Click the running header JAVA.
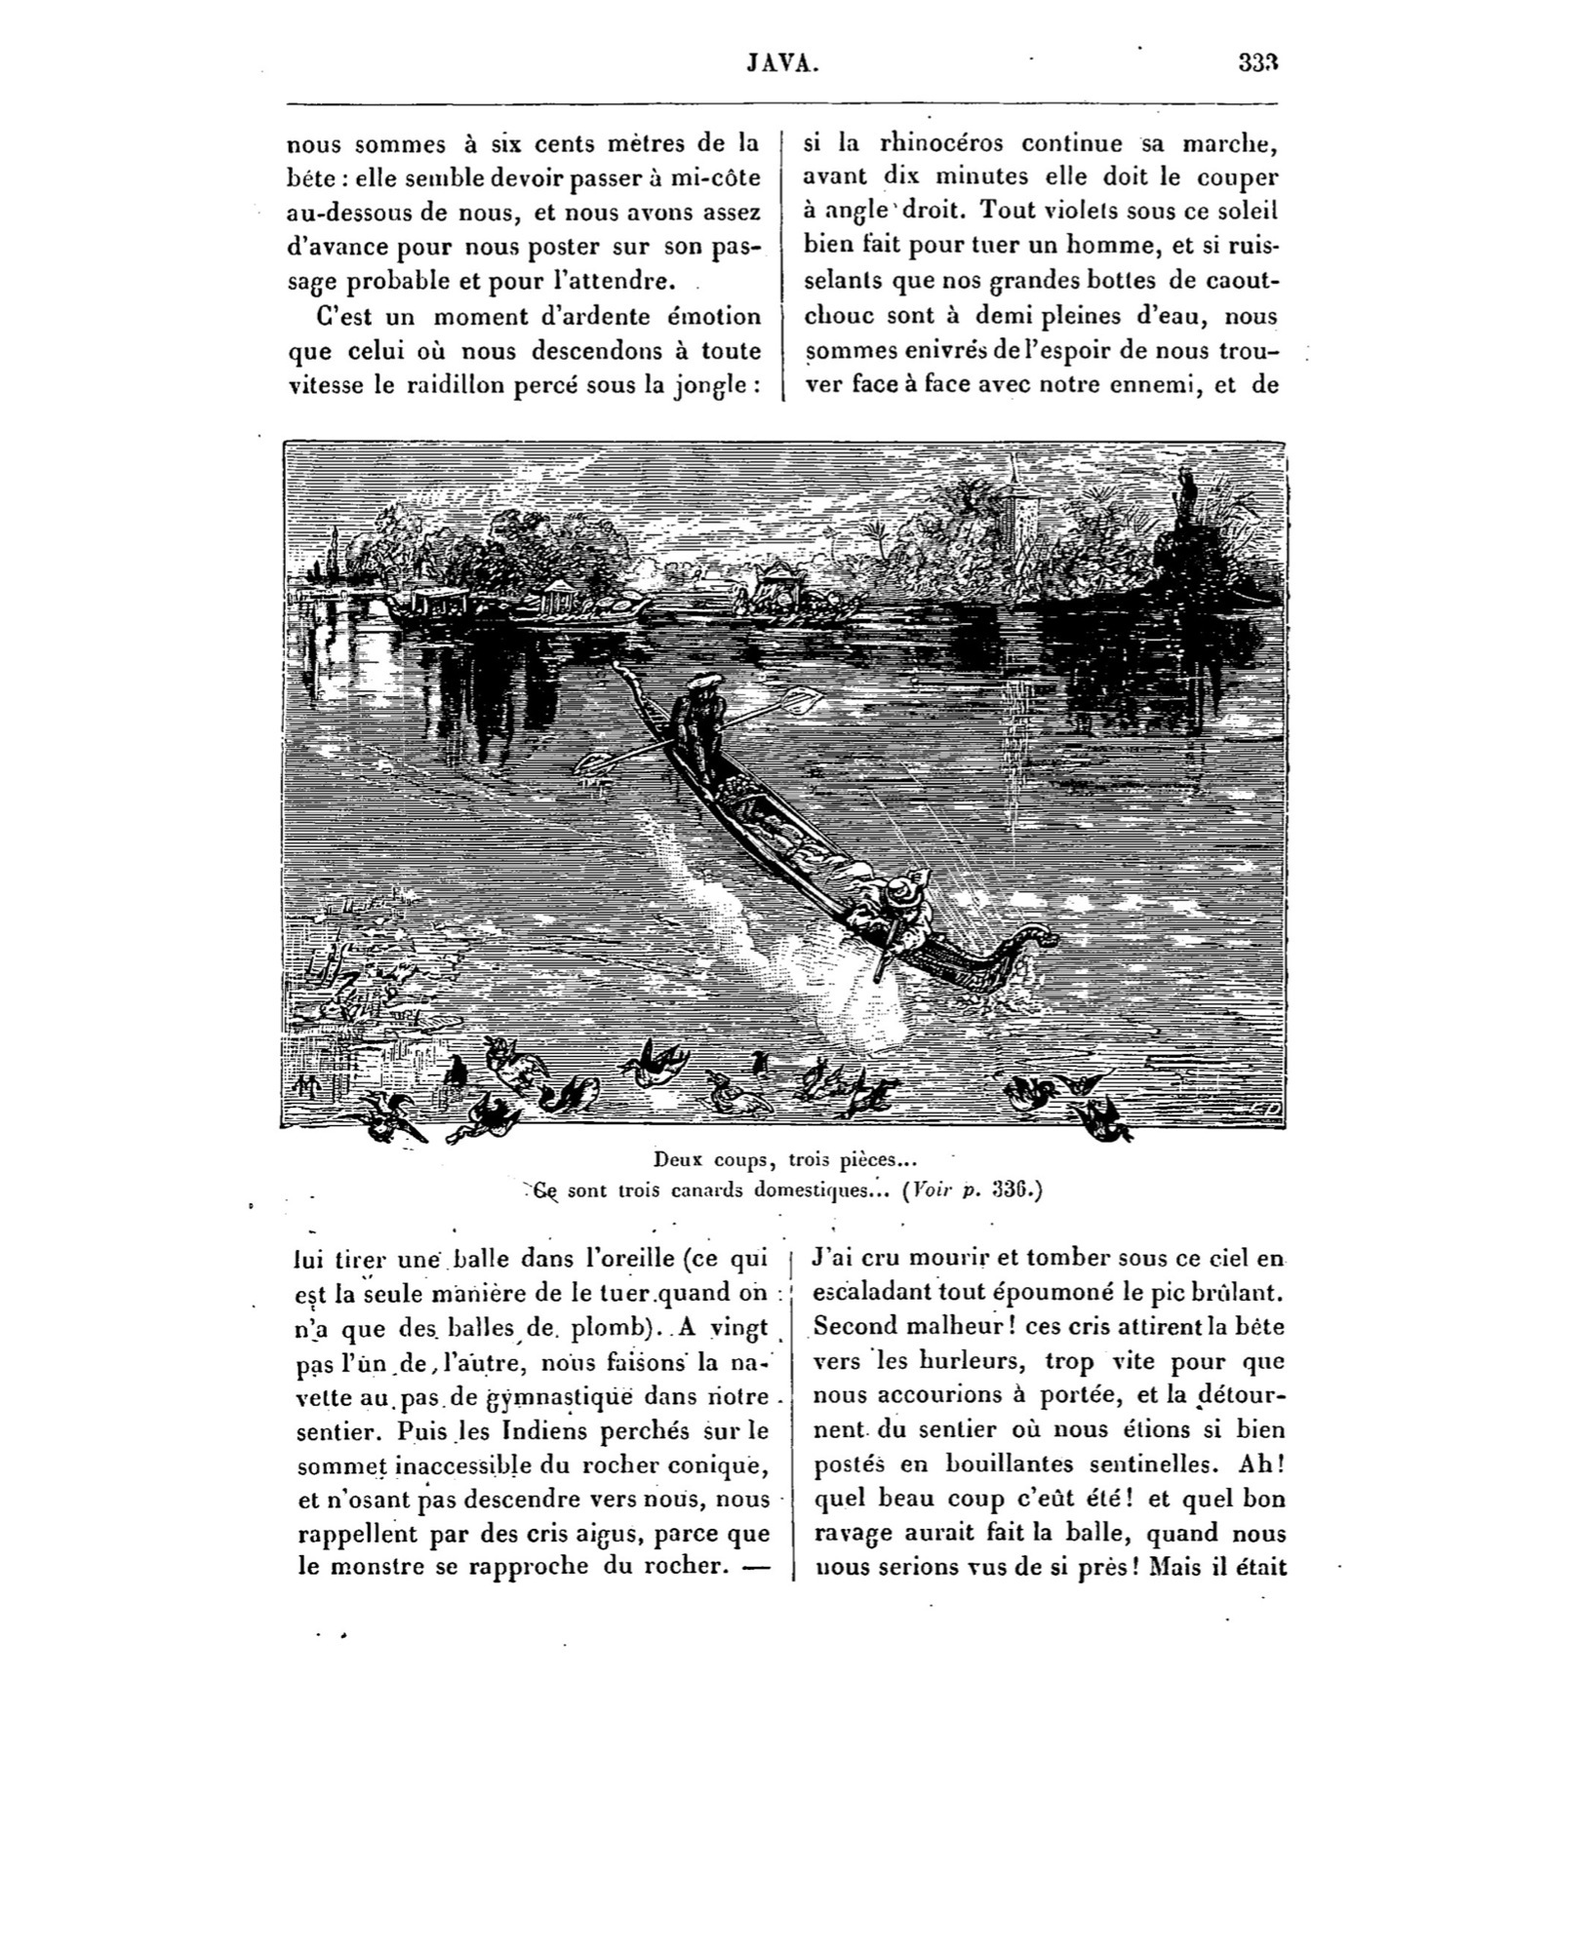tap(782, 63)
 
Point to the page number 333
tap(1257, 63)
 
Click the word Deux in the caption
tap(675, 1159)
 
